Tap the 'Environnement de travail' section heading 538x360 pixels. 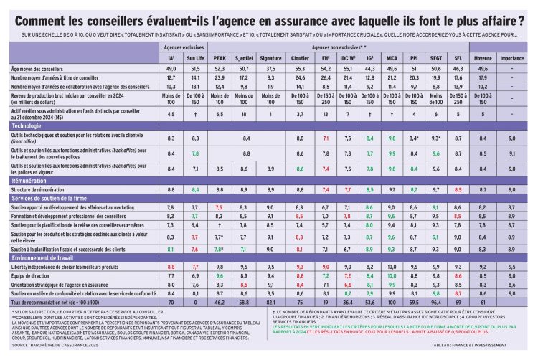pyautogui.click(x=44, y=257)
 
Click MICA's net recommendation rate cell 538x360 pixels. pyautogui.click(x=392, y=303)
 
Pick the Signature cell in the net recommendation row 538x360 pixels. pyautogui.click(x=270, y=303)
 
